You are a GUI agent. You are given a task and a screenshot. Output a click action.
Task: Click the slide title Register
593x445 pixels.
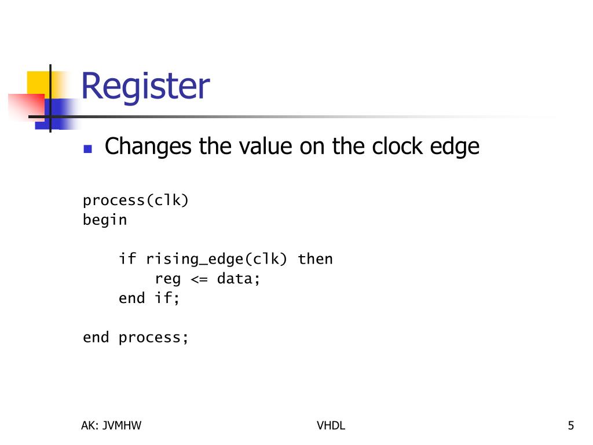pyautogui.click(x=145, y=86)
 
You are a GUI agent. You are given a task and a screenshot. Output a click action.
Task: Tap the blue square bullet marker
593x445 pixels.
pyautogui.click(x=87, y=148)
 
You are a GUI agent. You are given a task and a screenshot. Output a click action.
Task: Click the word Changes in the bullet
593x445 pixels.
pyautogui.click(x=148, y=146)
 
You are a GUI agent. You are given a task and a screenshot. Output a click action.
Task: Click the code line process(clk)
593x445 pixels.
pyautogui.click(x=136, y=200)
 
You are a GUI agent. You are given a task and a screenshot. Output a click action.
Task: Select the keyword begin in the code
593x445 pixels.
pyautogui.click(x=105, y=221)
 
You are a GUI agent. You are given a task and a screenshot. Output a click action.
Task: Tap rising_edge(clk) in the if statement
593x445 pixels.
pyautogui.click(x=217, y=259)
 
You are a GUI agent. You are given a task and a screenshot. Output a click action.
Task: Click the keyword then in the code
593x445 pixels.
pyautogui.click(x=315, y=258)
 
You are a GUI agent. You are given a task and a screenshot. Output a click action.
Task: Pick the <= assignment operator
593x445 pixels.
pyautogui.click(x=199, y=279)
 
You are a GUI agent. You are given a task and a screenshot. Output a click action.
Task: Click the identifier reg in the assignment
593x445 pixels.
pyautogui.click(x=168, y=279)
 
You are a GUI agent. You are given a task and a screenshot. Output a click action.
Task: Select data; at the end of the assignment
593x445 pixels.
pyautogui.click(x=239, y=279)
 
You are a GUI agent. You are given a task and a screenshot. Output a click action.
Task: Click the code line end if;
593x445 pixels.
pyautogui.click(x=149, y=298)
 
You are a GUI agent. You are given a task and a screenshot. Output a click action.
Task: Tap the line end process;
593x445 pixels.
pyautogui.click(x=136, y=337)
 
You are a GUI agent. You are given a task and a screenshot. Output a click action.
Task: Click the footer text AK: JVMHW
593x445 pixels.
pyautogui.click(x=111, y=426)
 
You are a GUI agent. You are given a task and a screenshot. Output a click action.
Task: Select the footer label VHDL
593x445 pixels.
pyautogui.click(x=331, y=426)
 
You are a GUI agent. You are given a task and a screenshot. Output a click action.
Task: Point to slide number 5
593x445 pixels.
pyautogui.click(x=570, y=426)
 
